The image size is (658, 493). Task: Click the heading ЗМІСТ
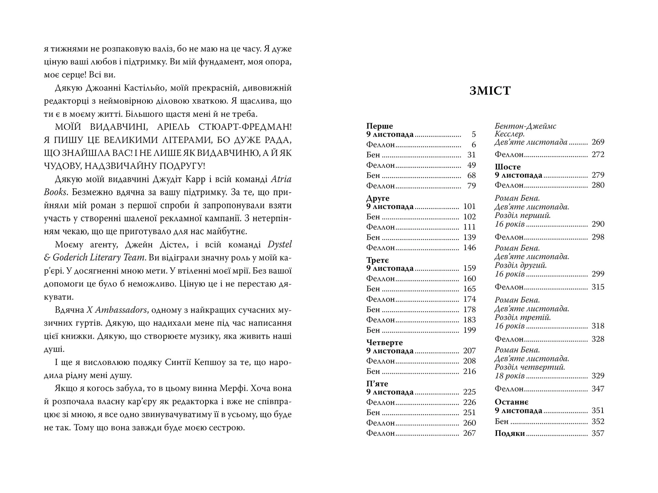click(490, 91)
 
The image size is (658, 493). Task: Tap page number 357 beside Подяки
click(598, 433)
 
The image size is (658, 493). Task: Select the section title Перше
click(379, 126)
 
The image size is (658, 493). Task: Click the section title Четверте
click(384, 342)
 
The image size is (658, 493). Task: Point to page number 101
click(469, 206)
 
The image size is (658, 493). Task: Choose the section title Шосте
click(508, 167)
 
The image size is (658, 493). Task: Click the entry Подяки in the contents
click(510, 433)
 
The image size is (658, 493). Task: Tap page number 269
click(598, 142)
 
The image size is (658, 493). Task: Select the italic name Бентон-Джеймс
click(525, 126)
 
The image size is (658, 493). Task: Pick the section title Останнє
click(511, 402)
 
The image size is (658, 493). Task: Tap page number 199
click(469, 330)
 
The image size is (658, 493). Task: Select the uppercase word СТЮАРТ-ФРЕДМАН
click(245, 127)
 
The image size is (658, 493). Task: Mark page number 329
click(598, 376)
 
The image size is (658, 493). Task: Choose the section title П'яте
click(377, 383)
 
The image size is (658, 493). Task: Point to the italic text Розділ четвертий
click(530, 367)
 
